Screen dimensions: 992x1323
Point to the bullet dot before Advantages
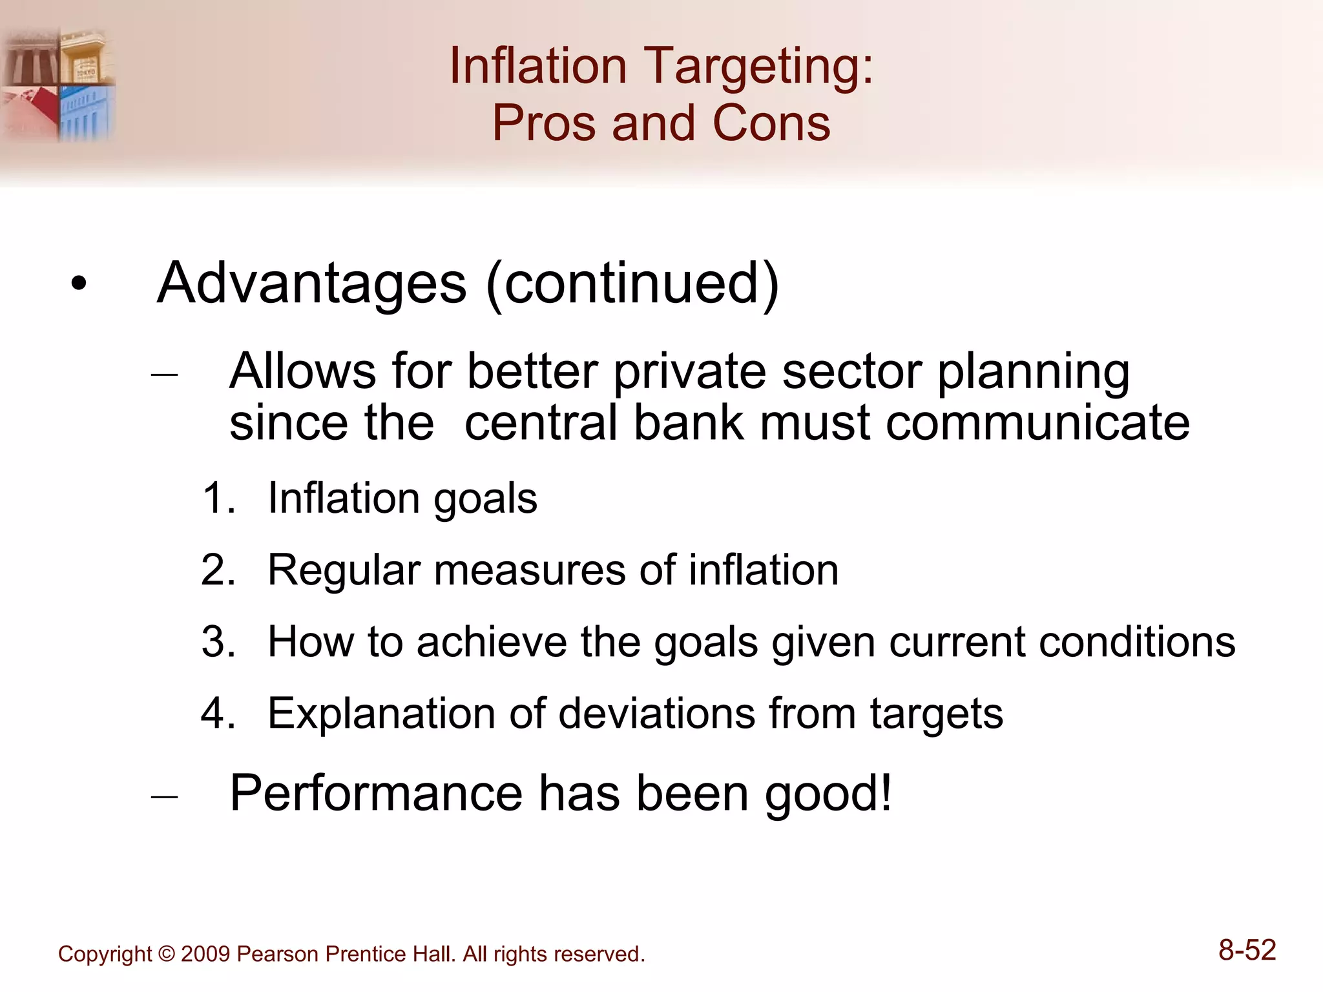(x=79, y=284)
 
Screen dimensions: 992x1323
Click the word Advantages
(x=311, y=284)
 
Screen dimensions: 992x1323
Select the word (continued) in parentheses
(x=632, y=284)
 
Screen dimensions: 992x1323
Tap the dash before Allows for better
(x=164, y=374)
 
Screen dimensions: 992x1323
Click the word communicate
(x=1037, y=423)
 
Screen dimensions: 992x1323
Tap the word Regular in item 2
(x=344, y=571)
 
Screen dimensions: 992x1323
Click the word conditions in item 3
(x=1137, y=642)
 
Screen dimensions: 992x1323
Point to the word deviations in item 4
(x=656, y=714)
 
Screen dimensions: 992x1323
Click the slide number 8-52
(x=1247, y=950)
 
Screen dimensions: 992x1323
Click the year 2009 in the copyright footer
(x=205, y=954)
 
